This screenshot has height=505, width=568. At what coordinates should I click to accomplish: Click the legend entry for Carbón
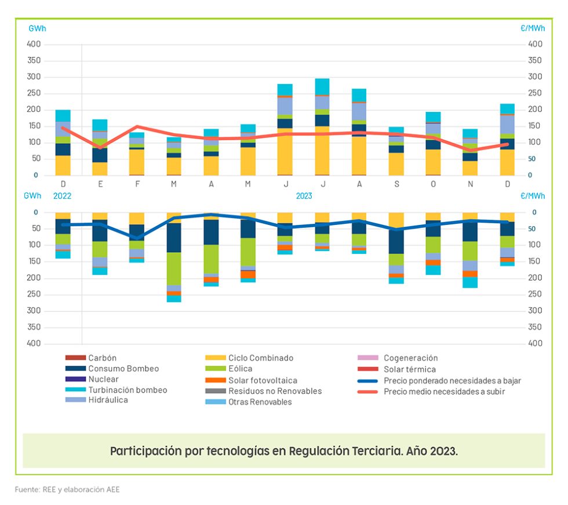coord(102,358)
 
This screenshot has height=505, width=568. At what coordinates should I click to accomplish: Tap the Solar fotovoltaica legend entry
coord(263,380)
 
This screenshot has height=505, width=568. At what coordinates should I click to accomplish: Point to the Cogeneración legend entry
coord(410,358)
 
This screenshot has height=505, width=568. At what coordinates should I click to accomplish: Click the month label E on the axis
coord(100,184)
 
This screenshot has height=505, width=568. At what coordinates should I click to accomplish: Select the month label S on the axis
coord(396,184)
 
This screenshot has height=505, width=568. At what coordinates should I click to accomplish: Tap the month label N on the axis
coord(470,184)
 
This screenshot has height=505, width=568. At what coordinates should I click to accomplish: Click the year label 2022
coord(62,196)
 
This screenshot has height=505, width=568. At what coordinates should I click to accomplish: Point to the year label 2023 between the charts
coord(304,196)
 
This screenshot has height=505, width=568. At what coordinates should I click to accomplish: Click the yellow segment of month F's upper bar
coord(137,162)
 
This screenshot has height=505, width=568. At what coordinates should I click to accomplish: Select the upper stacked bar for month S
coord(396,151)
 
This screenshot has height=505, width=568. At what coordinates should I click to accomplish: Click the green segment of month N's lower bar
coord(470,251)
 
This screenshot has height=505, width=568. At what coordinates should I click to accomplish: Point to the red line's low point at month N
coord(470,150)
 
